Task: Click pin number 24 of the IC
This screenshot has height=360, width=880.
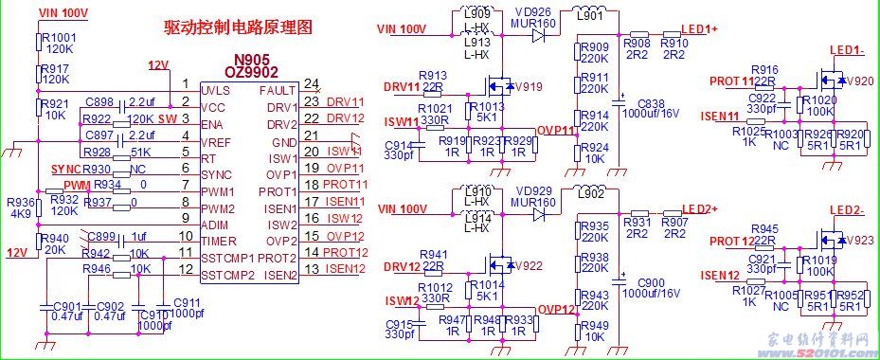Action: pyautogui.click(x=312, y=85)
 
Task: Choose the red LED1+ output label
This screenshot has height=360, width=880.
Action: pyautogui.click(x=699, y=29)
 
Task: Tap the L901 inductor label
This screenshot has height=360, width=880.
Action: pyautogui.click(x=589, y=14)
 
